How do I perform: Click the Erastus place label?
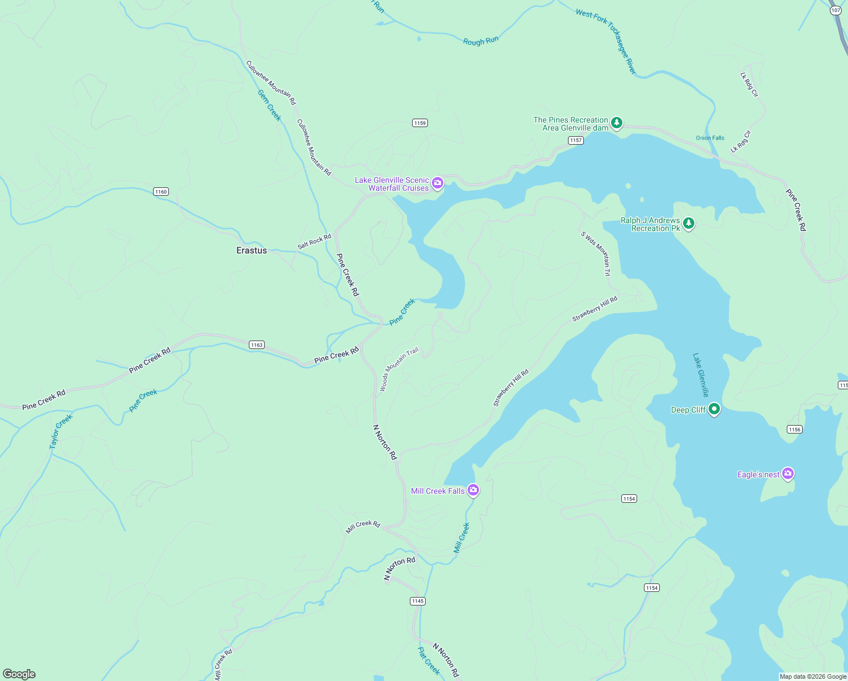(x=251, y=250)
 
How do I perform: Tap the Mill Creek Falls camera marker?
(x=473, y=490)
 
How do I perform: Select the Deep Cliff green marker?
(x=714, y=409)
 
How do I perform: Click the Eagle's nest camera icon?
(x=787, y=473)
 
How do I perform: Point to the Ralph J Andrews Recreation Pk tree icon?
(x=689, y=223)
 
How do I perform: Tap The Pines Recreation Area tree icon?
(x=617, y=123)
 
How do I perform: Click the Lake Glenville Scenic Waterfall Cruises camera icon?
(x=437, y=183)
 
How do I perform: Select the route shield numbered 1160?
(x=161, y=192)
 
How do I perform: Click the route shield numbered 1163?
(x=257, y=345)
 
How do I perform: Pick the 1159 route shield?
(x=419, y=123)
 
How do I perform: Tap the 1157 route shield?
(x=575, y=140)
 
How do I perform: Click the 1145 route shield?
(x=417, y=601)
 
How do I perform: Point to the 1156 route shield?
(x=794, y=430)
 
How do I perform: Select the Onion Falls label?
(x=710, y=138)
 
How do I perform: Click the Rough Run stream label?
(x=481, y=41)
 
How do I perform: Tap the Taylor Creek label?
(x=61, y=432)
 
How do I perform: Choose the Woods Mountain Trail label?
(x=398, y=369)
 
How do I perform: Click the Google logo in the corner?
(x=19, y=674)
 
